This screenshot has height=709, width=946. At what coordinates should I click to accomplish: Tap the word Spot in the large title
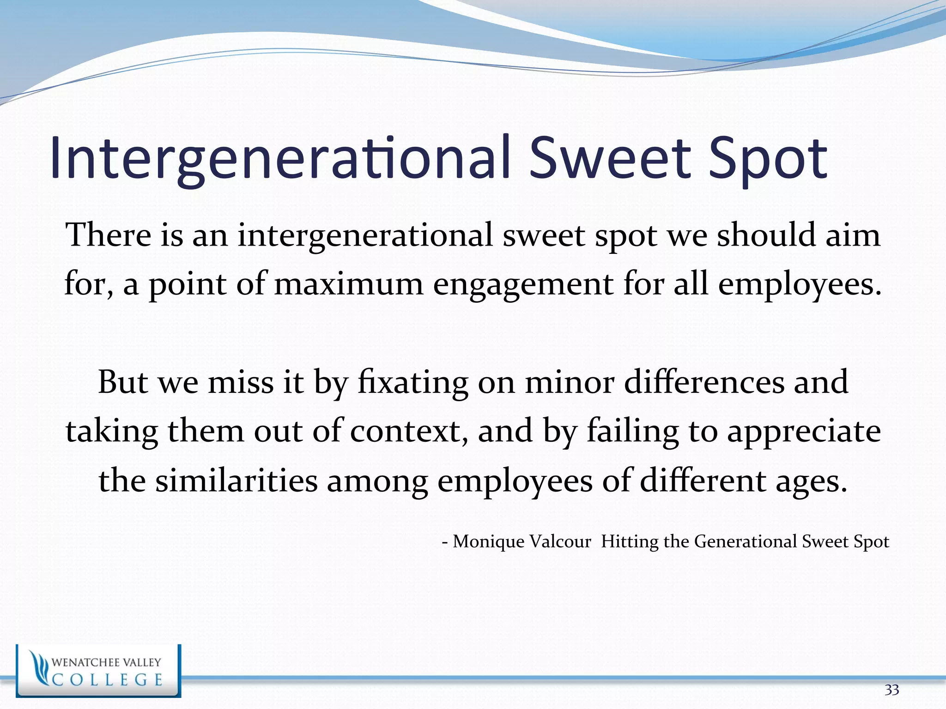[768, 159]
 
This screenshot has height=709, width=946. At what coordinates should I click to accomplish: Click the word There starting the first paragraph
[108, 235]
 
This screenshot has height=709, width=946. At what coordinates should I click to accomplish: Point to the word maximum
[349, 284]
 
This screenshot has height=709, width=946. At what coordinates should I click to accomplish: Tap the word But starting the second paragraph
[123, 382]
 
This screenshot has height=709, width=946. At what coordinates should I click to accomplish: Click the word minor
[570, 382]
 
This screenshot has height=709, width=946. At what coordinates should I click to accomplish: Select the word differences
[704, 382]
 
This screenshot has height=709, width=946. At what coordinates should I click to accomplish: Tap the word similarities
[236, 480]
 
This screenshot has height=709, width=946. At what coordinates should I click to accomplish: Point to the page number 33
[891, 690]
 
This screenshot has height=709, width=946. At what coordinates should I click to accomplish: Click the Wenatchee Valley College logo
[98, 671]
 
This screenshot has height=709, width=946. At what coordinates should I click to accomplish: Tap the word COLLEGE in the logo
[108, 680]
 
